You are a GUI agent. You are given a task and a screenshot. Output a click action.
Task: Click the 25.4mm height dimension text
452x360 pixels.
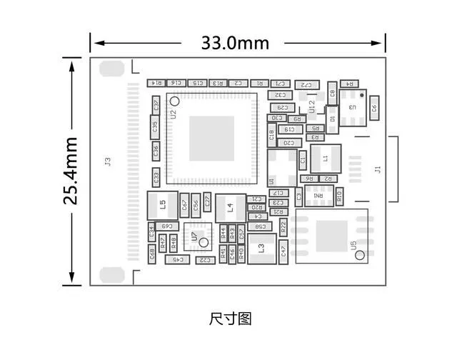71,171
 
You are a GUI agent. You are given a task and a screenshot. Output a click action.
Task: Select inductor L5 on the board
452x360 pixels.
162,205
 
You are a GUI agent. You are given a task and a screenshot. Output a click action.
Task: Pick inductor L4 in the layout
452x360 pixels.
230,207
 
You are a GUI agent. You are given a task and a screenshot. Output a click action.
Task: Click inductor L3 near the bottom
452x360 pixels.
262,248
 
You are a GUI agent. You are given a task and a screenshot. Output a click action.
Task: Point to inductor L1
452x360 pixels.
324,158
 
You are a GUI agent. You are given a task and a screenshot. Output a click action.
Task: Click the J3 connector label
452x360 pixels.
108,162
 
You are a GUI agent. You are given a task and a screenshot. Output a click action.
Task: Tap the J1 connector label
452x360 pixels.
378,169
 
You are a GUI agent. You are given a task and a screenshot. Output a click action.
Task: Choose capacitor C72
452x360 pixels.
306,84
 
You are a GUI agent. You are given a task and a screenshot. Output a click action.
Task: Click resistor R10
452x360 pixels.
339,194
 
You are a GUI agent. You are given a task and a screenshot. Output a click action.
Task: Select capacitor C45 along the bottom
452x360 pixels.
176,260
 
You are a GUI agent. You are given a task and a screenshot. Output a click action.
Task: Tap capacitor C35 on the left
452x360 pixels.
156,128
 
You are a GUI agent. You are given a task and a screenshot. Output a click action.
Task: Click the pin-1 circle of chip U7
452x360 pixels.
203,244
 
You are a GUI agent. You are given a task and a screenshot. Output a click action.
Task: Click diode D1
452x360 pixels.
331,119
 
